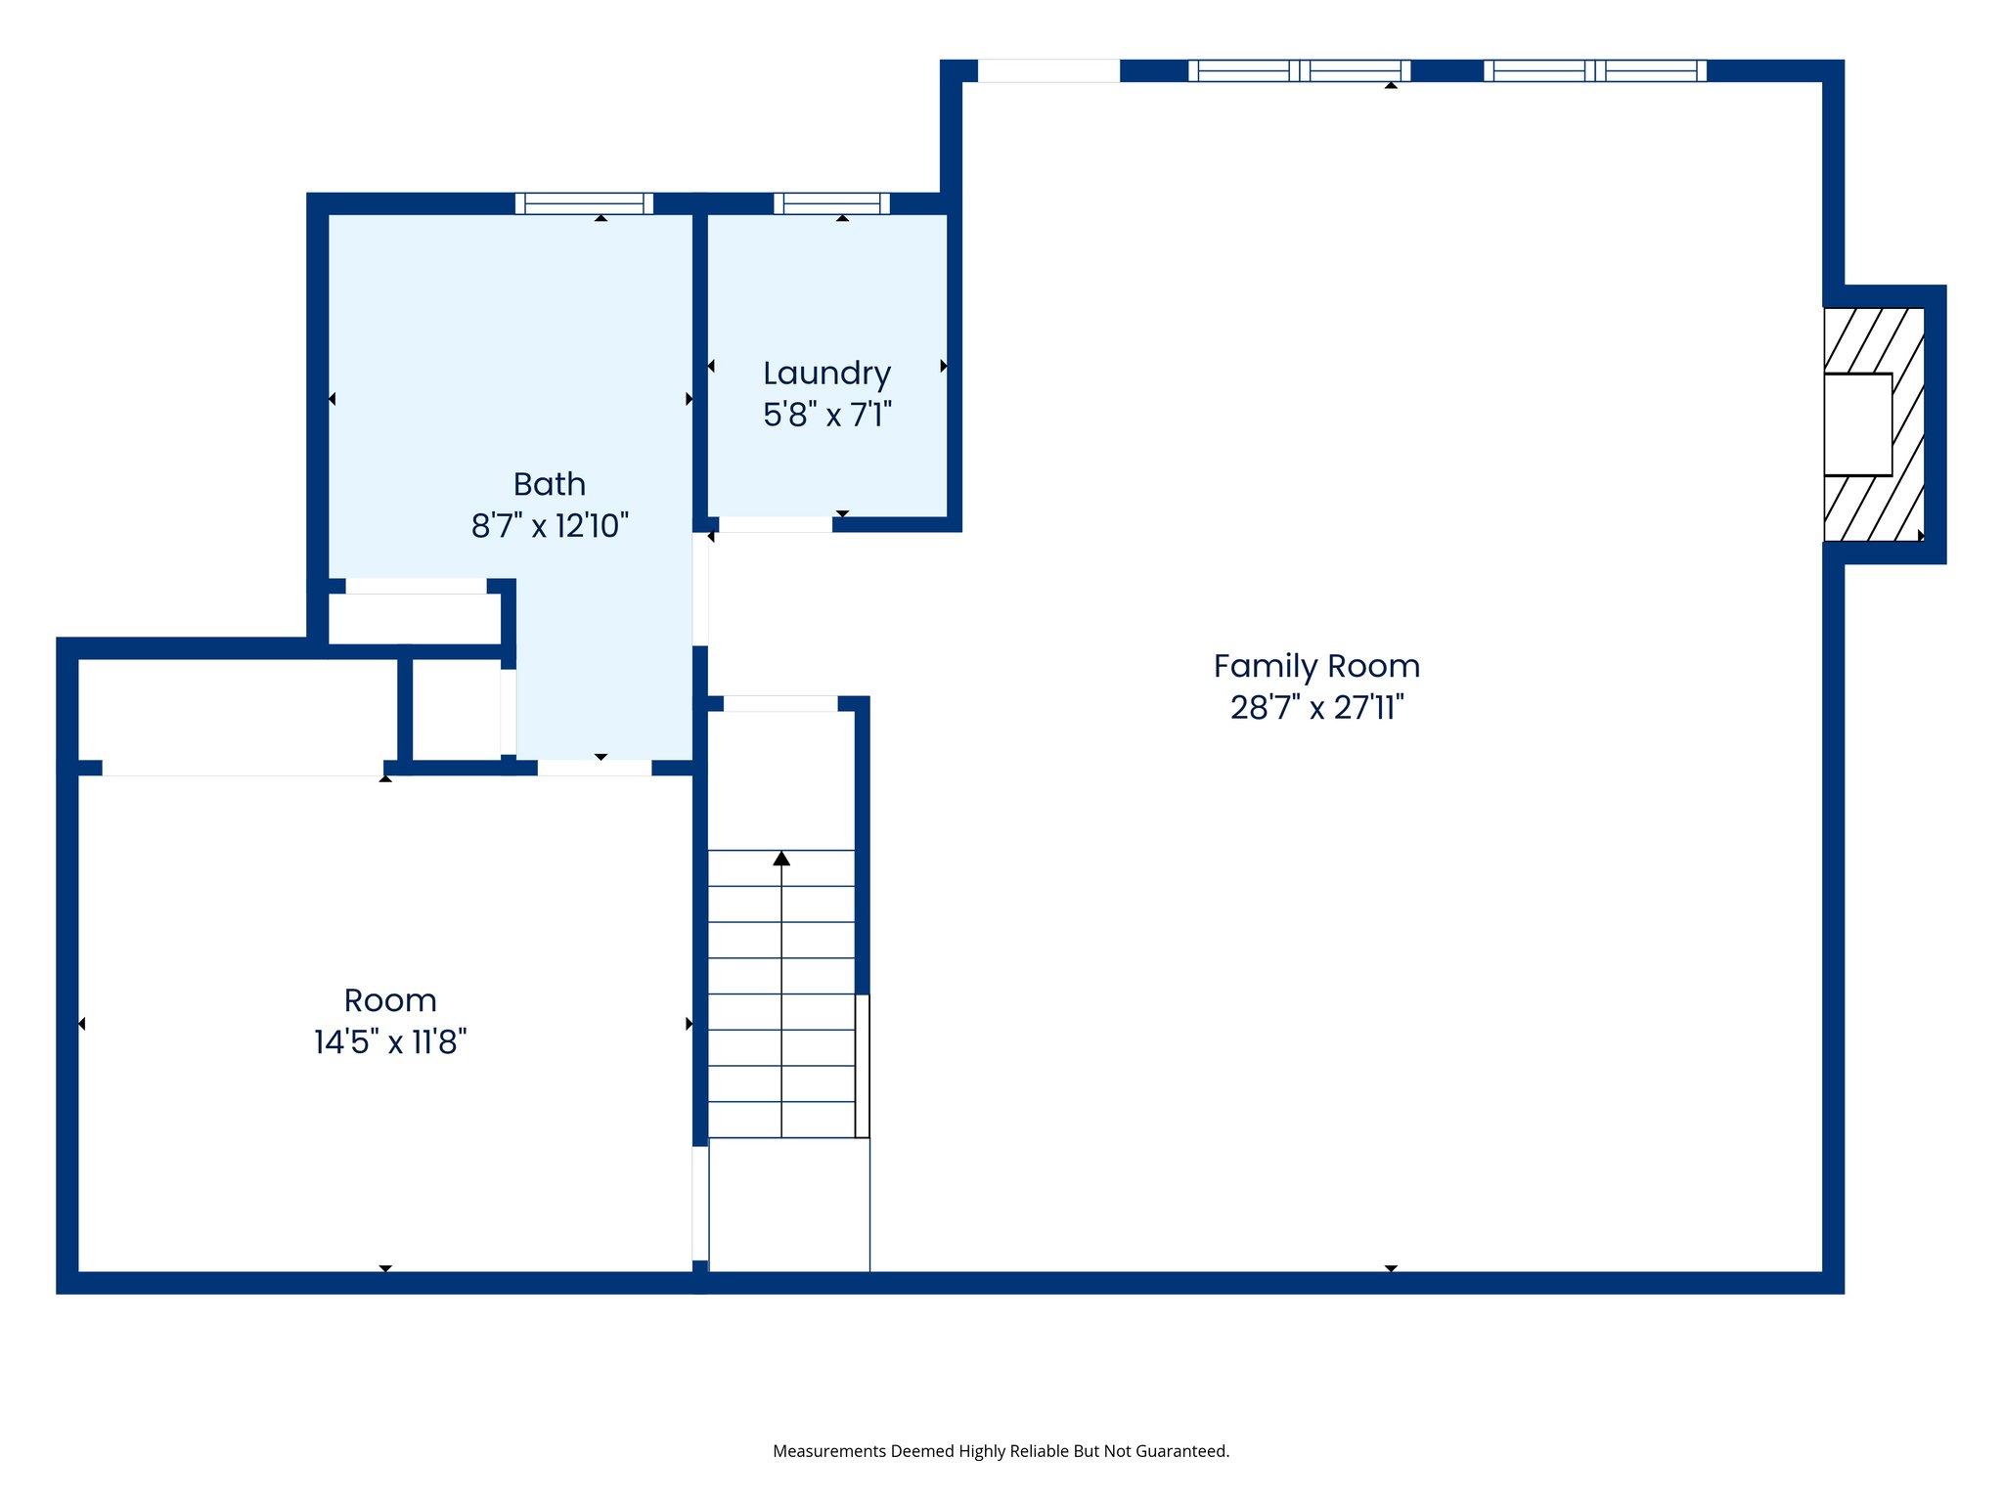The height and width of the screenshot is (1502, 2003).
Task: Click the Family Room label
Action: (1316, 666)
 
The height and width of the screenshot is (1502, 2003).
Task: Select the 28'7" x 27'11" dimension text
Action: (1316, 707)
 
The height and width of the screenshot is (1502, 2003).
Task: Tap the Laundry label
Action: (826, 373)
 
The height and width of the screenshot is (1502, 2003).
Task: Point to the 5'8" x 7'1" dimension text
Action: (826, 415)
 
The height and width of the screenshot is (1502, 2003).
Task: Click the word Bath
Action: (549, 484)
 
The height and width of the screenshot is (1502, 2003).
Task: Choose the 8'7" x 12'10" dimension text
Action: (549, 526)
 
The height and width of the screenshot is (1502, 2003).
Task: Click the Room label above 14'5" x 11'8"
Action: (389, 1000)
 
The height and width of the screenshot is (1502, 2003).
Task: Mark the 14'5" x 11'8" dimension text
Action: (389, 1042)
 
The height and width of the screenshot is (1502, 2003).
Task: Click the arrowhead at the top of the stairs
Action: (780, 859)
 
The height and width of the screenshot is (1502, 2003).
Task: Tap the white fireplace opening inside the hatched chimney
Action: (1856, 424)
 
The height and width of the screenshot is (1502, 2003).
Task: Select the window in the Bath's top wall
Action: (584, 203)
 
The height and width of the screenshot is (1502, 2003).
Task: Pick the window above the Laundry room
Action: (831, 203)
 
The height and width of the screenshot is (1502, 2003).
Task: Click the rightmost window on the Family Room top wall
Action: (1594, 70)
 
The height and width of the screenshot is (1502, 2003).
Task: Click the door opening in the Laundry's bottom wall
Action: (776, 525)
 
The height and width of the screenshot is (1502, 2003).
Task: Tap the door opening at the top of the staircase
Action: (780, 703)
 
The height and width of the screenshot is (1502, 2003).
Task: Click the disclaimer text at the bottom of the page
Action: (1001, 1451)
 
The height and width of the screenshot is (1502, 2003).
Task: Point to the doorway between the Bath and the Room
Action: (595, 768)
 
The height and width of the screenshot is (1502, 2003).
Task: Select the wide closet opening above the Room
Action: (243, 768)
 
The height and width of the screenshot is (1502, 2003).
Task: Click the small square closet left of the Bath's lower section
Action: (456, 708)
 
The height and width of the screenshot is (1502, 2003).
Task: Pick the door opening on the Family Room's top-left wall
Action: (1048, 70)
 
